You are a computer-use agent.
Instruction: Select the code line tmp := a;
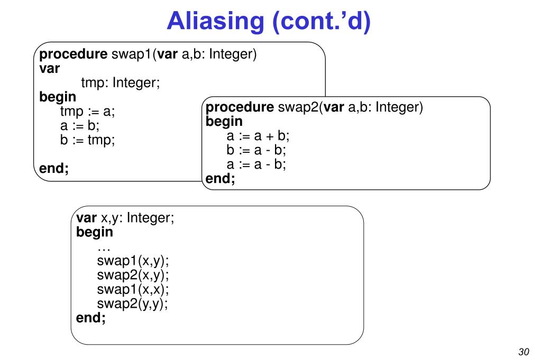click(x=87, y=112)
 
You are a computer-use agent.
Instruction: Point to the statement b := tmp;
click(x=87, y=140)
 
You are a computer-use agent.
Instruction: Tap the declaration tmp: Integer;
click(x=121, y=83)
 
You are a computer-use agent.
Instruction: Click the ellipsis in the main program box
click(x=104, y=247)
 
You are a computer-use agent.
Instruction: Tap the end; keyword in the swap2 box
click(x=220, y=179)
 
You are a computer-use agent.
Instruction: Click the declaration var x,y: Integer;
click(x=125, y=218)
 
